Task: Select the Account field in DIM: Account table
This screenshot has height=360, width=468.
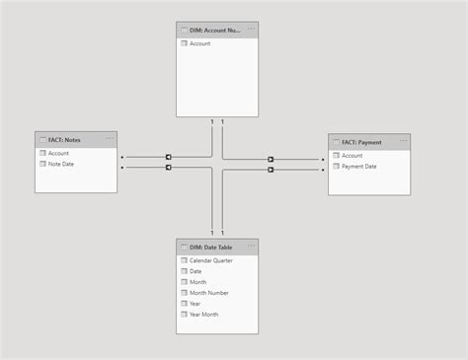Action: click(199, 43)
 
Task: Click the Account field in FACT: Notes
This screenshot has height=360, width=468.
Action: click(58, 153)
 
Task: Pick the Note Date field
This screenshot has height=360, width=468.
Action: click(61, 164)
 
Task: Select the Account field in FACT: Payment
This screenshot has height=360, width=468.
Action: click(351, 156)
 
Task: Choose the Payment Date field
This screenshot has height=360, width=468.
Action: click(358, 167)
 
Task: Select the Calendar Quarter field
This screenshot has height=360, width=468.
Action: click(210, 260)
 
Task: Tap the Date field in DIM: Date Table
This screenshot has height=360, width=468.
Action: click(195, 271)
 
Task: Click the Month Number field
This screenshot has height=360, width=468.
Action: click(208, 293)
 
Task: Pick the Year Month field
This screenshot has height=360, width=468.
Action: click(203, 315)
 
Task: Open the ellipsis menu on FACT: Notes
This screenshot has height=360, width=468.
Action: click(109, 139)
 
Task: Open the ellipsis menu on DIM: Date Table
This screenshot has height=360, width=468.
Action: click(250, 247)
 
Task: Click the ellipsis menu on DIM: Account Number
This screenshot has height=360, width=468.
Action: click(250, 30)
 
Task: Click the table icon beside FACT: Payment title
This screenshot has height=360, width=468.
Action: click(336, 142)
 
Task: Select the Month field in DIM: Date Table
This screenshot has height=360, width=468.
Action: click(197, 282)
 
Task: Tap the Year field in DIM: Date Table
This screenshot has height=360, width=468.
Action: click(195, 304)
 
